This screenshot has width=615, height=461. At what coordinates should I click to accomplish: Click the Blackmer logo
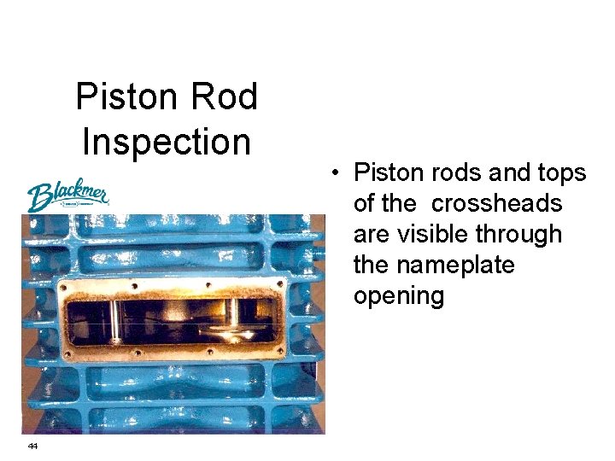(x=67, y=196)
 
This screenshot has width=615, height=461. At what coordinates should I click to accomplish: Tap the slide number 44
(x=32, y=446)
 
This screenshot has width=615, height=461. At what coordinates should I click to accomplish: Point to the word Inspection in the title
(x=167, y=142)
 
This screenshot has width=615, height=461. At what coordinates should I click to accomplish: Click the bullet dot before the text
(x=339, y=173)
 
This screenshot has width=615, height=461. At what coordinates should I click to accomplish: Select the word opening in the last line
(x=399, y=296)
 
